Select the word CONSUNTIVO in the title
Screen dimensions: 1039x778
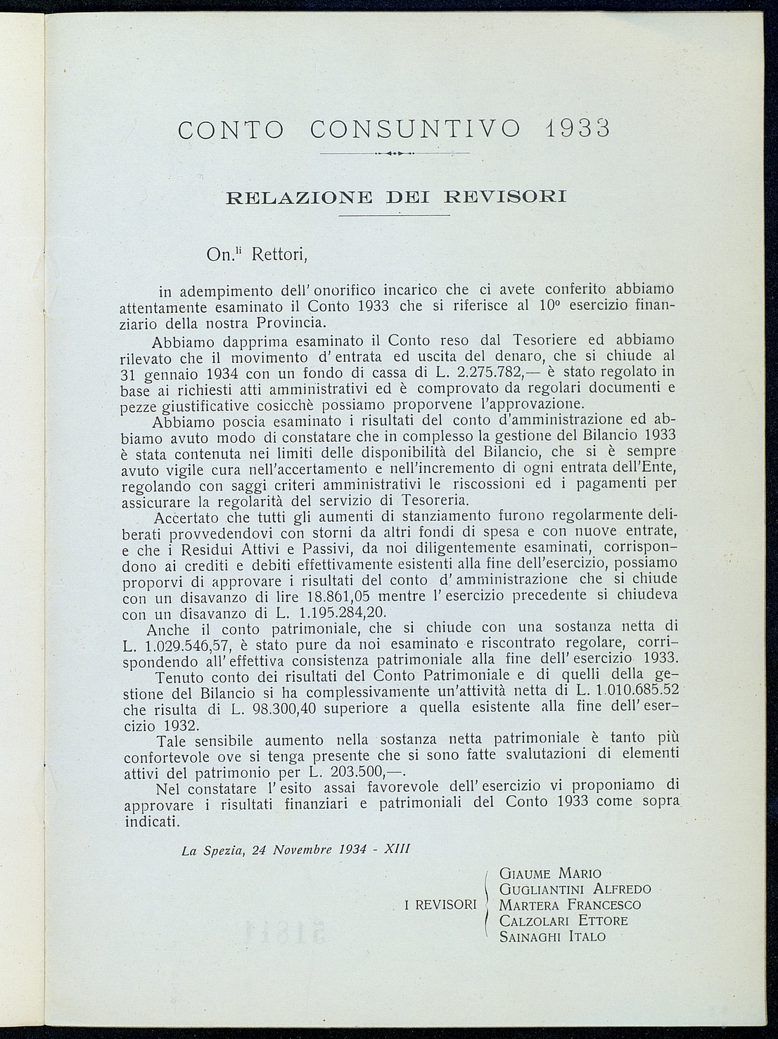click(x=416, y=129)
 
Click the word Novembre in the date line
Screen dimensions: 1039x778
click(x=300, y=848)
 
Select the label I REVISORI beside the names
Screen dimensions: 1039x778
click(x=441, y=905)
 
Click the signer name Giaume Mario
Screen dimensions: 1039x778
click(x=550, y=874)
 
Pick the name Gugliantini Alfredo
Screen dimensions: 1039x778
click(x=575, y=889)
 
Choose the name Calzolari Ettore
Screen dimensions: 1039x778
click(x=563, y=921)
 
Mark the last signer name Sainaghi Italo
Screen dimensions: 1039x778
click(x=552, y=936)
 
